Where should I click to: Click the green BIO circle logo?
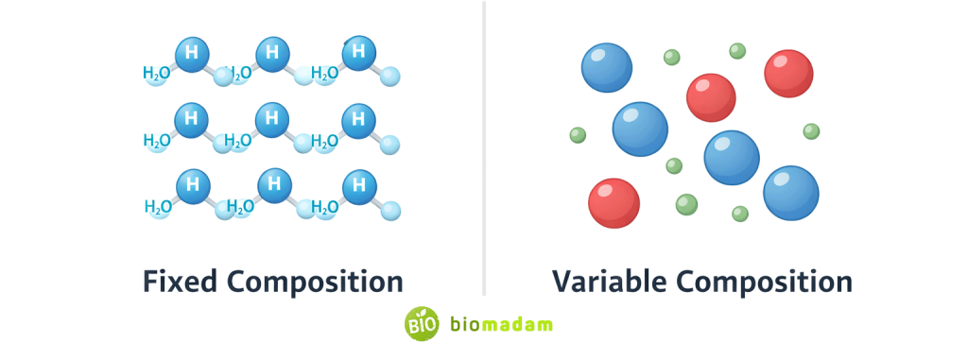[x=422, y=324]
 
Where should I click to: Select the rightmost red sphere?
[x=788, y=74]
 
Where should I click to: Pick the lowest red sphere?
[x=614, y=203]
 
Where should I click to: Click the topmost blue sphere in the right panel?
[x=606, y=67]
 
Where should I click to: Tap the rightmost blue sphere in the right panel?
[x=790, y=193]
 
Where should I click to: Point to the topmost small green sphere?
[x=737, y=51]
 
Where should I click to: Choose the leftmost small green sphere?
[x=578, y=135]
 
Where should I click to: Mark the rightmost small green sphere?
[x=811, y=131]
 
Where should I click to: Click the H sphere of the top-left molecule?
[x=191, y=54]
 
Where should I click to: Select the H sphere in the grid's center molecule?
[x=272, y=119]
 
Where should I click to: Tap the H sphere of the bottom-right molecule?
[x=357, y=184]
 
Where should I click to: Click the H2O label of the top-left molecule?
[x=156, y=73]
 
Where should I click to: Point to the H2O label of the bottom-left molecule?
[x=158, y=206]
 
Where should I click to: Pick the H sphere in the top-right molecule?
[x=357, y=52]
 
